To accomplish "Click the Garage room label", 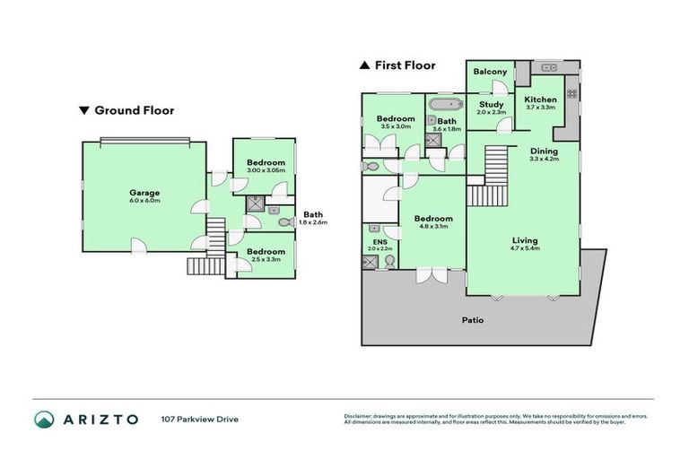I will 144,192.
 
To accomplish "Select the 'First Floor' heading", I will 404,65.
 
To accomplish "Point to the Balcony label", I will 491,72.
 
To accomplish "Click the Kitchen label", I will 541,100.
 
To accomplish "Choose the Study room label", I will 492,105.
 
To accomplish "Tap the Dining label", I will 544,152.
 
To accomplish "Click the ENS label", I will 378,241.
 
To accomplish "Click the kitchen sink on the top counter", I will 549,68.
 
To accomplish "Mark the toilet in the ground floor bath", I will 284,221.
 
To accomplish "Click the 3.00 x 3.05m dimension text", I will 266,170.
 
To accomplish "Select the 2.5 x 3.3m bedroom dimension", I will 266,259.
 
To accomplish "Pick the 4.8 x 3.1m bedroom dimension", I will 432,227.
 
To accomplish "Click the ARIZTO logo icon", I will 45,419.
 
